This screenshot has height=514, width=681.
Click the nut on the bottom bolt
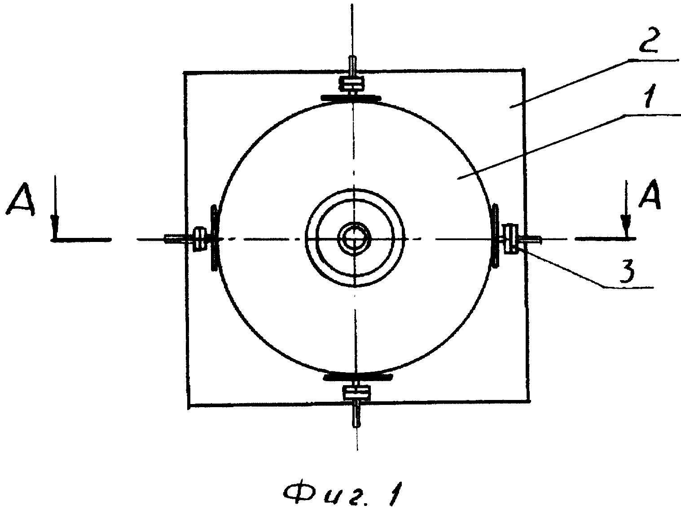tap(356, 393)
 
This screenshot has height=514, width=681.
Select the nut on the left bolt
tap(200, 239)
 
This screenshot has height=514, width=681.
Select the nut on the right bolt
tap(511, 238)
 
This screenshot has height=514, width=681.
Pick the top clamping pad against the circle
tap(351, 98)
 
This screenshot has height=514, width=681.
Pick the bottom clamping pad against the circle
tap(358, 377)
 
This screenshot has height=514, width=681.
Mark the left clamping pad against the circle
tap(214, 237)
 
